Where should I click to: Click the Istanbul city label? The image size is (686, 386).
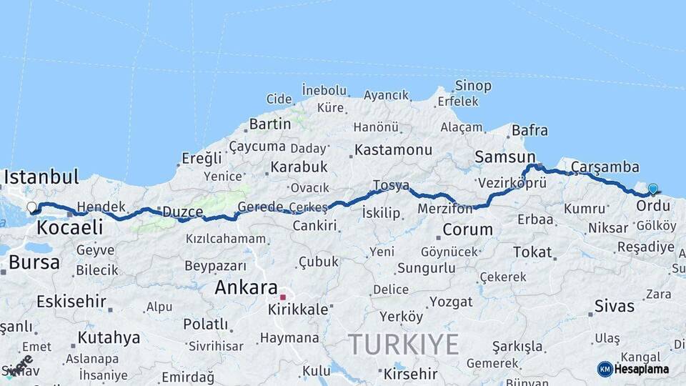[41, 177]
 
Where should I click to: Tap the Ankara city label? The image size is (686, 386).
[247, 287]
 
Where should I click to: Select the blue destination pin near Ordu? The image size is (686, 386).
[652, 189]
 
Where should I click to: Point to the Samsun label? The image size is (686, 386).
[505, 157]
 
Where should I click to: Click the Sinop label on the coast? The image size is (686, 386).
[473, 86]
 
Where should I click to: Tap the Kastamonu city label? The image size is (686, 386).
[394, 150]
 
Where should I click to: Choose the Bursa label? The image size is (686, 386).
[34, 262]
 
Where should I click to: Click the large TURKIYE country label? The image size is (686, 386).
[404, 345]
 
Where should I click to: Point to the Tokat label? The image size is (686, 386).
[532, 252]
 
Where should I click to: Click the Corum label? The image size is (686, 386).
[468, 229]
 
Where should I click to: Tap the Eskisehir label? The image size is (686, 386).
[71, 301]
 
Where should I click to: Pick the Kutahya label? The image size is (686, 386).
[109, 337]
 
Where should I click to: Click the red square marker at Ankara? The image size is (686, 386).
[283, 297]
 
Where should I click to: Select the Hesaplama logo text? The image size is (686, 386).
[642, 369]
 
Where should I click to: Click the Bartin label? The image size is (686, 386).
[270, 124]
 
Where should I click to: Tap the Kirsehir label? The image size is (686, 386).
[410, 374]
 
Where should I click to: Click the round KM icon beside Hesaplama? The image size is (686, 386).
[605, 369]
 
